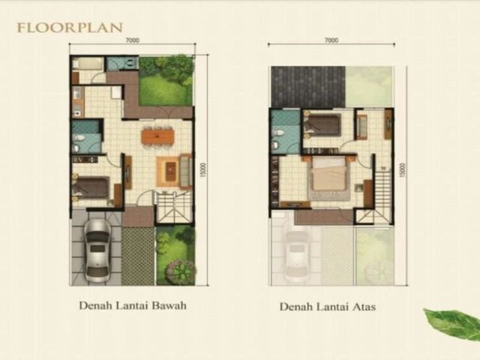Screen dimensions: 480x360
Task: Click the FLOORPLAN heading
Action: pyautogui.click(x=70, y=28)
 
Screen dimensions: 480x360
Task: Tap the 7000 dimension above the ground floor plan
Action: pyautogui.click(x=132, y=40)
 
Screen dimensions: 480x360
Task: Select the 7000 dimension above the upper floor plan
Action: pyautogui.click(x=331, y=40)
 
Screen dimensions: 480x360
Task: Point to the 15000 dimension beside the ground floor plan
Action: pyautogui.click(x=204, y=170)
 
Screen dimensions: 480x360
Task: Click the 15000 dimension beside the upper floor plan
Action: pyautogui.click(x=402, y=170)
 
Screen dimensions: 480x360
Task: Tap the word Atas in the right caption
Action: pyautogui.click(x=364, y=307)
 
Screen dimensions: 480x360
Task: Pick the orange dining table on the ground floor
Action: pyautogui.click(x=157, y=136)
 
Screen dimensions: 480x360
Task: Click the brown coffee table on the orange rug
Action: pyautogui.click(x=170, y=172)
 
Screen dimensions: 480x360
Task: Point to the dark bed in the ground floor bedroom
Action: pyautogui.click(x=91, y=187)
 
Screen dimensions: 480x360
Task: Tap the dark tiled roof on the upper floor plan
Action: pyautogui.click(x=308, y=87)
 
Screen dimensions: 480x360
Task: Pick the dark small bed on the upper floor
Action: pyautogui.click(x=322, y=124)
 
